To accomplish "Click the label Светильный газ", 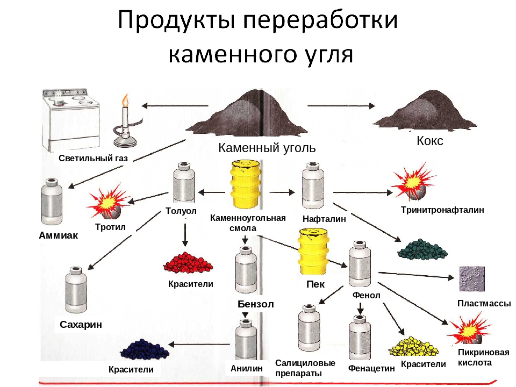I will click(93, 159).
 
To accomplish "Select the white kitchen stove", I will click(71, 120).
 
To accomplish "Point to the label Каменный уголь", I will click(267, 148).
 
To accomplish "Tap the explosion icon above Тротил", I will click(109, 202).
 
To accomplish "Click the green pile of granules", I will click(422, 249).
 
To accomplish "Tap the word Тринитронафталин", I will click(442, 210).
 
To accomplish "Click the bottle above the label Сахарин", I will click(75, 290).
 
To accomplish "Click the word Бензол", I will click(255, 304).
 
